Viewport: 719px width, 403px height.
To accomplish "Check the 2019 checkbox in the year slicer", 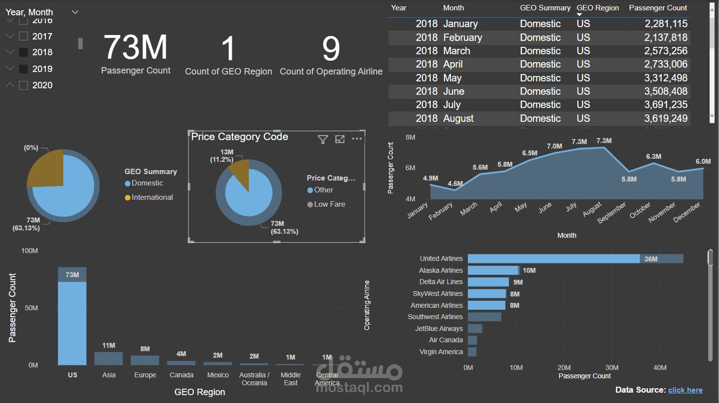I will tap(23, 69).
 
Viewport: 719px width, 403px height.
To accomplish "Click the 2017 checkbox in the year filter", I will tap(23, 36).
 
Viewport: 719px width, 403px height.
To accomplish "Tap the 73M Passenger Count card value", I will tap(136, 47).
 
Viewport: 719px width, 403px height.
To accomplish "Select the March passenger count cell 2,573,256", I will tap(666, 51).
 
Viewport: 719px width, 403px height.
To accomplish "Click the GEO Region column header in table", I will tap(598, 8).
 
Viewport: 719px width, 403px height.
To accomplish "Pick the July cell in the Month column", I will tap(452, 105).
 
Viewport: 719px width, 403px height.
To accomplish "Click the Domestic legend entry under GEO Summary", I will tap(147, 183).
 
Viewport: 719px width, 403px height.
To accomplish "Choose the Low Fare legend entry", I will tap(329, 204).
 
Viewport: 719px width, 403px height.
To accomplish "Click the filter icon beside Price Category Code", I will tap(323, 140).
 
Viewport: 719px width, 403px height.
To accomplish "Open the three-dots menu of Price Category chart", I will tap(357, 139).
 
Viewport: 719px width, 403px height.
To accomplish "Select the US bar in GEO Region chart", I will tap(72, 321).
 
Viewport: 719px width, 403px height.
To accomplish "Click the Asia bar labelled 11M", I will tap(109, 358).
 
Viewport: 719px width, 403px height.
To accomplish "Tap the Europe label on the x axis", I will tap(145, 375).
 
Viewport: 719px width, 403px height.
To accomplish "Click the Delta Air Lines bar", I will tap(488, 282).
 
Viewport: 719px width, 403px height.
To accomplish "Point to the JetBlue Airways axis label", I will tap(439, 329).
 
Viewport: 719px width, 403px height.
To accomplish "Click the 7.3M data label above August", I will tap(604, 141).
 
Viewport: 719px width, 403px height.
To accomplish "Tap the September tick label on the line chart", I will tap(611, 213).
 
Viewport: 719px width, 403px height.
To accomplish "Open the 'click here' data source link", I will tap(685, 390).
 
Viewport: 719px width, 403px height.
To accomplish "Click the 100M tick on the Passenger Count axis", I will tap(30, 251).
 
